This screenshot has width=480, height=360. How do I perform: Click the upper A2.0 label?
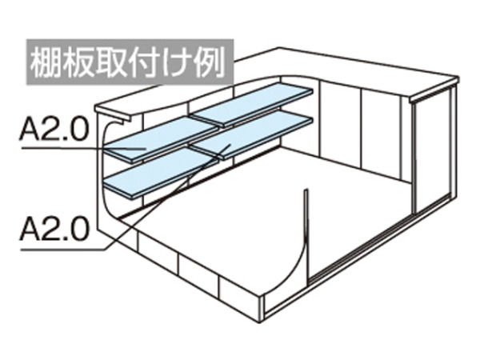[x=54, y=129]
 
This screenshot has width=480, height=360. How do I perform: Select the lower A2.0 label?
[x=54, y=229]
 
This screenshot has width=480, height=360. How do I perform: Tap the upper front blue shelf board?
[x=161, y=139]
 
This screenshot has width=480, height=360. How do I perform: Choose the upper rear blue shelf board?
[x=252, y=104]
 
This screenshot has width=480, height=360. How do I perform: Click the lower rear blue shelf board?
[x=252, y=134]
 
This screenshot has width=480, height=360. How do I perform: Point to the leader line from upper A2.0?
[x=83, y=149]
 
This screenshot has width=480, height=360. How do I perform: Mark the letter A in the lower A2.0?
[x=30, y=229]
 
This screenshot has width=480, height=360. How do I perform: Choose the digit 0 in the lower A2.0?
[x=79, y=229]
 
